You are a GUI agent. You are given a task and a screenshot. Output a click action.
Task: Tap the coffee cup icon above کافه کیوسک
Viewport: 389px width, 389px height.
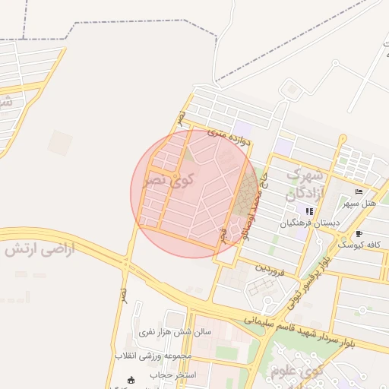(x=359, y=232)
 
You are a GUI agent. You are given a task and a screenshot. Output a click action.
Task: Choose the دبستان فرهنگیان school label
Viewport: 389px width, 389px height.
(x=308, y=223)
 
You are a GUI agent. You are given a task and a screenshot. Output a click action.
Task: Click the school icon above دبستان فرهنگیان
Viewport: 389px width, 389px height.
(x=308, y=210)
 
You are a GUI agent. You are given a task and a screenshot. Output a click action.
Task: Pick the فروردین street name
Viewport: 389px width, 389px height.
(x=269, y=269)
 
